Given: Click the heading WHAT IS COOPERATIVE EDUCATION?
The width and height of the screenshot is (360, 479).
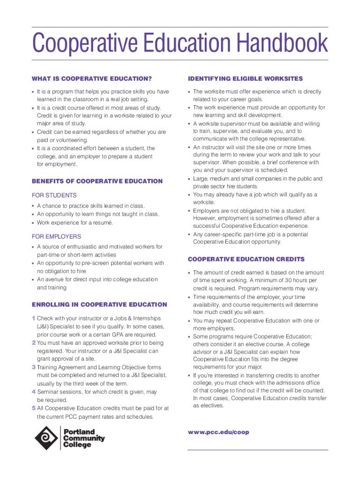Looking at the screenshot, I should pyautogui.click(x=92, y=79).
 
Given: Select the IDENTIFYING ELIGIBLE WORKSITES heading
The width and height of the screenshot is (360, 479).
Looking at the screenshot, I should pyautogui.click(x=245, y=79).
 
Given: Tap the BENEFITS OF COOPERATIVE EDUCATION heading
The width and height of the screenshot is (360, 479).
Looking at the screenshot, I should pyautogui.click(x=97, y=181).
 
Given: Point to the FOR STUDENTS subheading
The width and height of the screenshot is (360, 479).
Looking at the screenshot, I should pyautogui.click(x=54, y=195).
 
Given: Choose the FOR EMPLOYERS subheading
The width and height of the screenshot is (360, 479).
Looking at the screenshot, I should pyautogui.click(x=56, y=236).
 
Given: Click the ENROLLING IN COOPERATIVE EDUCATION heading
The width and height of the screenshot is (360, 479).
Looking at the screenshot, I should pyautogui.click(x=99, y=305).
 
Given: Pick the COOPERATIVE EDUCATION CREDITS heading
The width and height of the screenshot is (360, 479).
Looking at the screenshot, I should pyautogui.click(x=246, y=259).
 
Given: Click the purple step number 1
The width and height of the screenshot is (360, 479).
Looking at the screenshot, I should pyautogui.click(x=34, y=319).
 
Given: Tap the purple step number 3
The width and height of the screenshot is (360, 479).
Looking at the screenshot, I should pyautogui.click(x=34, y=368).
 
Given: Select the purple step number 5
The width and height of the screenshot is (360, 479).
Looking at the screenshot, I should pyautogui.click(x=34, y=408).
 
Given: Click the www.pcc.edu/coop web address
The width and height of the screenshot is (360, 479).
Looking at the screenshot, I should pyautogui.click(x=218, y=432).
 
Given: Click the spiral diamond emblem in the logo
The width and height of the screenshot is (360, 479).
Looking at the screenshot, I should pyautogui.click(x=46, y=438).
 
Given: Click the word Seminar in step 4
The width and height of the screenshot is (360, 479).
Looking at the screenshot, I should pyautogui.click(x=48, y=392).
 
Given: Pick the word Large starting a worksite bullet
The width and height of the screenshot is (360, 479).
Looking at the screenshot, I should pyautogui.click(x=201, y=179).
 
